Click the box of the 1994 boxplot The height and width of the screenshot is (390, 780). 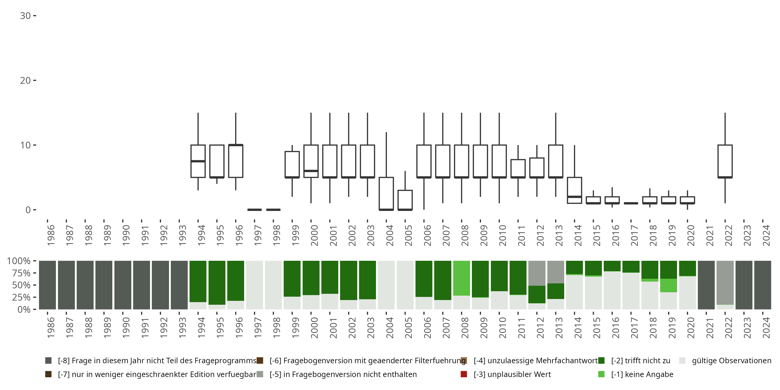[198, 161]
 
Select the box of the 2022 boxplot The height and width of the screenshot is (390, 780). [725, 161]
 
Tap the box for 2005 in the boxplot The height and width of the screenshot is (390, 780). [405, 200]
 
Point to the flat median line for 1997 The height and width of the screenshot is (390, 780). [254, 210]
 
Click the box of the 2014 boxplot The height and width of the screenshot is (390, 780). [574, 190]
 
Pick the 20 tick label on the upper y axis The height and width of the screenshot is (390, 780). [25, 81]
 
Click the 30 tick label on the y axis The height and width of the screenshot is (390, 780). [25, 16]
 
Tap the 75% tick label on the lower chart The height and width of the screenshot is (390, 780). [19, 273]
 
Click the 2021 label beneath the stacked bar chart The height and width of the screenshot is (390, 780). [710, 328]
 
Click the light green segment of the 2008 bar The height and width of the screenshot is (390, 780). [461, 278]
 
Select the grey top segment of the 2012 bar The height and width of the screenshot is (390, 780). [537, 273]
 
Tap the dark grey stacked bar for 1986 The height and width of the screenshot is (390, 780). [48, 285]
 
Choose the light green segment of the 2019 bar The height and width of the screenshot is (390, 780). [668, 285]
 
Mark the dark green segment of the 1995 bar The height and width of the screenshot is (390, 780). [217, 283]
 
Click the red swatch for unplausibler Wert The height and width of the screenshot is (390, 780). [464, 374]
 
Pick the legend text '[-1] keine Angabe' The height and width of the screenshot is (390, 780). [642, 374]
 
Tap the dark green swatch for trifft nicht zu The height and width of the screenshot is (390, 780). [601, 361]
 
